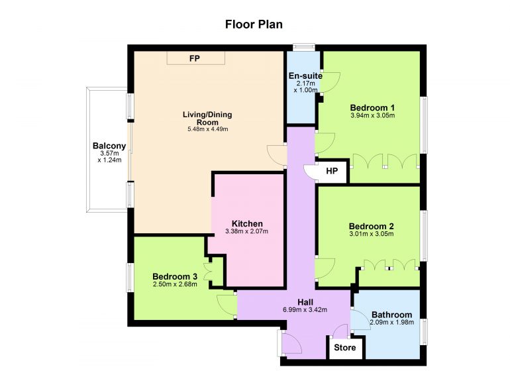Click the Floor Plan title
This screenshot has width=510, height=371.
pos(254,25)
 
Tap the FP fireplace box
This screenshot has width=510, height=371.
pos(196,58)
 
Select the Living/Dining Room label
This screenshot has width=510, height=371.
pos(207,119)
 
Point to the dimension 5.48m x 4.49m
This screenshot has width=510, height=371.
pos(207,129)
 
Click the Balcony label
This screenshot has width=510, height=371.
pos(109,146)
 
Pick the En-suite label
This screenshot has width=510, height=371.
pos(305,76)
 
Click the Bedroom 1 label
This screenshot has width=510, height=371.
pos(372,108)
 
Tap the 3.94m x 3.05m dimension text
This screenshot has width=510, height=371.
pos(373,115)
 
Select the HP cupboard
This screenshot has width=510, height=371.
pos(332,171)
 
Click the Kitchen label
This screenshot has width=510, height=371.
pos(247,224)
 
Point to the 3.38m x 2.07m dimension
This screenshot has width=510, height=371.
pos(247,232)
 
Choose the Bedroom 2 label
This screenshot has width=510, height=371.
pos(372,226)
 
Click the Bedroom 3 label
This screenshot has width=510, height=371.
pos(175,277)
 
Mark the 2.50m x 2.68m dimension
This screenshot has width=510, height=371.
pos(175,284)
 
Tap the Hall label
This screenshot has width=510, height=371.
pos(305,302)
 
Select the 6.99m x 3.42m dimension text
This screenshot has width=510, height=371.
pos(305,310)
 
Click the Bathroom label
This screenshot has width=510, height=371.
pos(391,315)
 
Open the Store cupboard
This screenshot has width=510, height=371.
pos(345,348)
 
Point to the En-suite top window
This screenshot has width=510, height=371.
pos(304,47)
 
